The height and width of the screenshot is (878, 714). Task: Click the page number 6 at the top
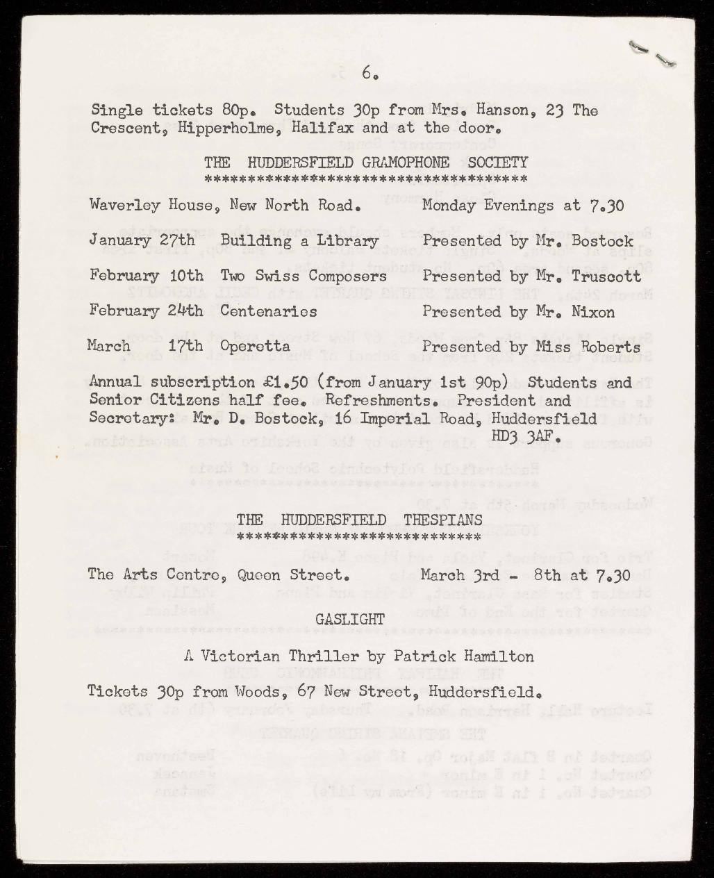[368, 72]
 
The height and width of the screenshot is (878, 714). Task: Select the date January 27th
[142, 241]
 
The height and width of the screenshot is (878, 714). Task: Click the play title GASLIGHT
[350, 619]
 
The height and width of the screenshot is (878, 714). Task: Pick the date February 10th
[147, 276]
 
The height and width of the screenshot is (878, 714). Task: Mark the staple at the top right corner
[652, 54]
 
